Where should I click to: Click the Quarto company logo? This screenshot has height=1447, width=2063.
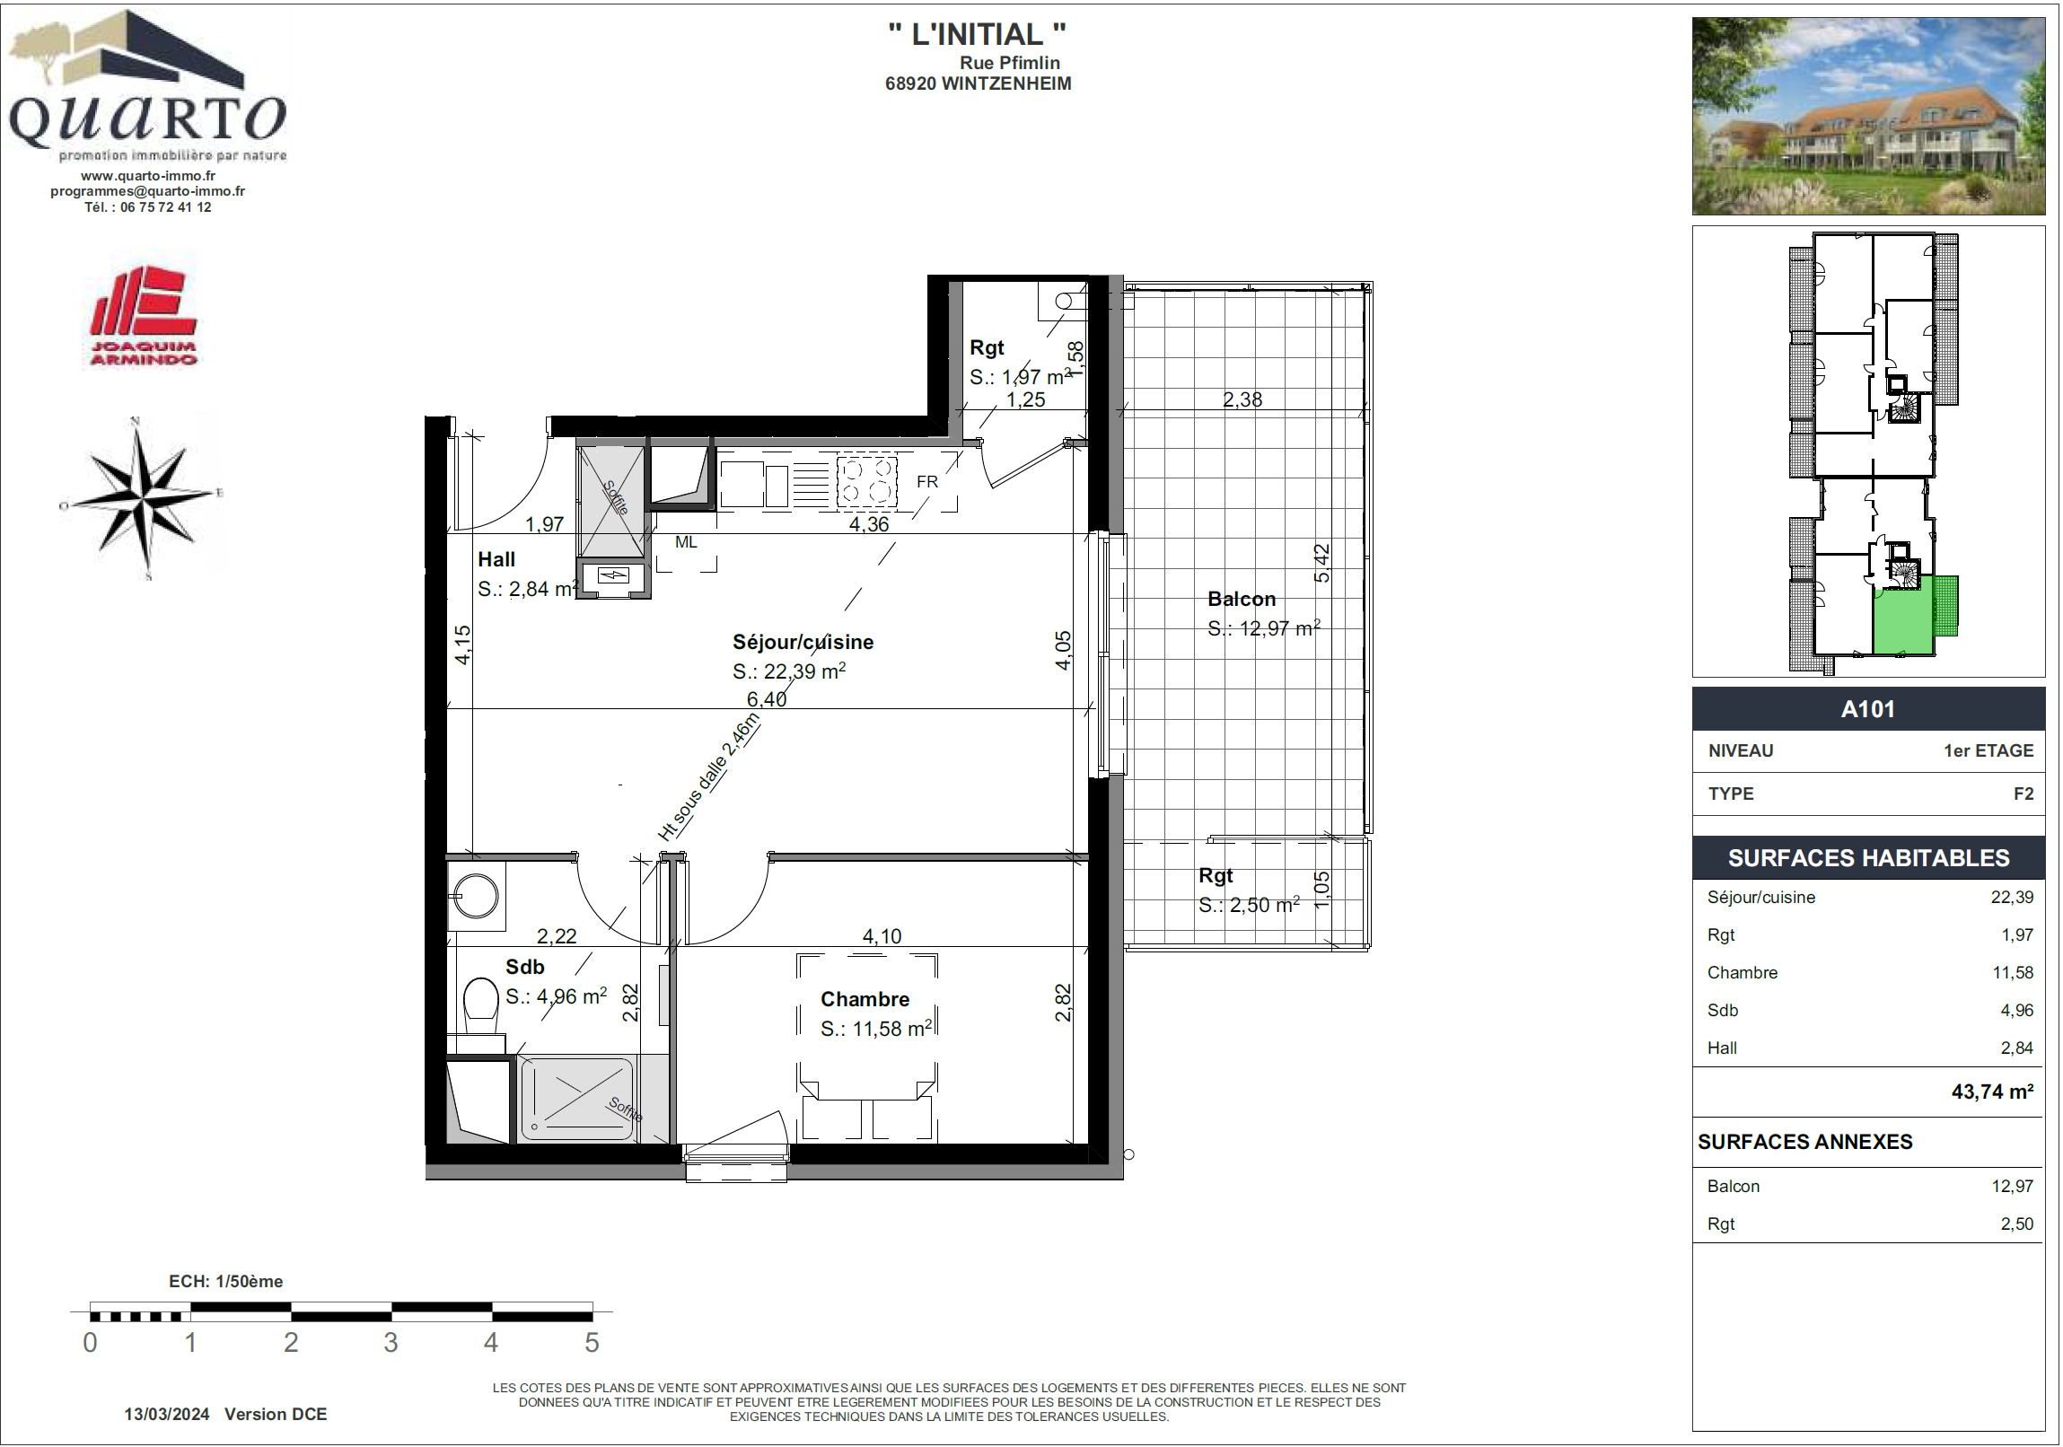point(147,85)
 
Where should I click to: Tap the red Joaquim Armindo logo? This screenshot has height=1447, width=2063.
point(143,315)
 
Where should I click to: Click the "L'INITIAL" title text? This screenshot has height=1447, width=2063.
point(978,34)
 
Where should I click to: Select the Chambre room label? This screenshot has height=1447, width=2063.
point(865,999)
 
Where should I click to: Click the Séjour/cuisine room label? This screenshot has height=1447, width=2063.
point(803,641)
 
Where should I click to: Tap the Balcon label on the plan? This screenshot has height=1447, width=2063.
point(1241,599)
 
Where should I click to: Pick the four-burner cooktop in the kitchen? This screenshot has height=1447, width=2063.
point(866,482)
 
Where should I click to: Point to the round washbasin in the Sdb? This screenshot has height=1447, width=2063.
point(476,895)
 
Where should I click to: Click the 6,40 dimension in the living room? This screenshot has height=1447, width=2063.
point(767,698)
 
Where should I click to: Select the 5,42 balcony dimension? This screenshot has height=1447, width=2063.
point(1321,563)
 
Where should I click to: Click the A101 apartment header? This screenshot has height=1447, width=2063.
point(1868,708)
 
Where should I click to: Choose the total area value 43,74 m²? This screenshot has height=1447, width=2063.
point(1992,1092)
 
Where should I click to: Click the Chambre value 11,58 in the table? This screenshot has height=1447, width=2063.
point(2013,972)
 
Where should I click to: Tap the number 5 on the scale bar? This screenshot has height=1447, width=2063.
point(592,1343)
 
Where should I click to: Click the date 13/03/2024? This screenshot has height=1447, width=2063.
point(166,1414)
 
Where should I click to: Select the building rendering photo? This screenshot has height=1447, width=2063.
point(1868,116)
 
